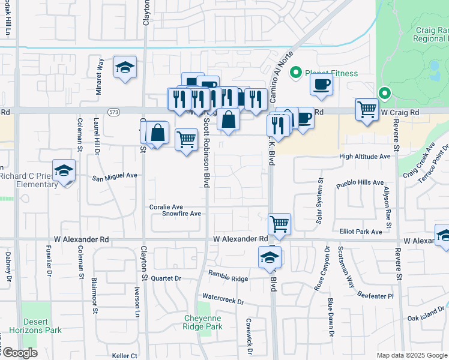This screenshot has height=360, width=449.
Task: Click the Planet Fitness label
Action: pos(331,74)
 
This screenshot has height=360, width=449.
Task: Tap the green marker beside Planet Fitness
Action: pos(295,73)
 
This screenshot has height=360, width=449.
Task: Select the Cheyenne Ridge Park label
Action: pos(203,322)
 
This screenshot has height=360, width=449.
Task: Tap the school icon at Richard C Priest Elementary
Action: pos(64,170)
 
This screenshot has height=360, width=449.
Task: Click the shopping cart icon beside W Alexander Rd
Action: pos(280,224)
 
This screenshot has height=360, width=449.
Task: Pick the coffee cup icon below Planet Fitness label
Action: pos(321,84)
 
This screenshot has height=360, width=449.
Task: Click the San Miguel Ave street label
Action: pos(115,177)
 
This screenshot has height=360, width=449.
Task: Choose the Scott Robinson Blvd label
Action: pos(206,152)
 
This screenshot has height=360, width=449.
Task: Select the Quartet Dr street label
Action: pos(166,278)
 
